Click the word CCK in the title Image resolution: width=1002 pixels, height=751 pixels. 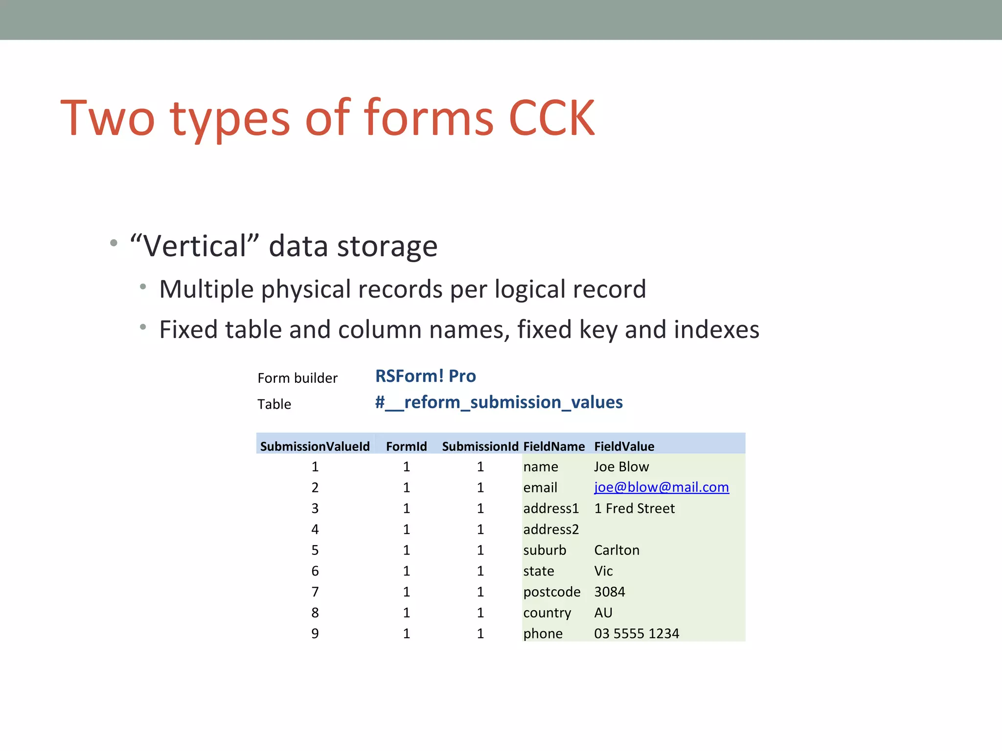[x=551, y=118]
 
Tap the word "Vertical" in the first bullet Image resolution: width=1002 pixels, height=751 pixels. [x=194, y=246]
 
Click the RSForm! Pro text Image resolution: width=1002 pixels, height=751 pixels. [x=425, y=376]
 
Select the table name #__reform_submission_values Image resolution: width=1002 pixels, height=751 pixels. [x=499, y=402]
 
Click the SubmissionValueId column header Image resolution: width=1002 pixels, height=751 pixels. [x=315, y=446]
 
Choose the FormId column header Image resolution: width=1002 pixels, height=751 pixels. [x=406, y=446]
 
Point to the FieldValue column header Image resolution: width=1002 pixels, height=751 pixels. [x=624, y=446]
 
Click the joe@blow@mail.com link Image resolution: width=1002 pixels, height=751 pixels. [x=661, y=487]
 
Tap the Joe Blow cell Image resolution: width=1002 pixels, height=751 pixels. [x=621, y=467]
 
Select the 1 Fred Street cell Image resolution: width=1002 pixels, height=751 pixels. [x=634, y=508]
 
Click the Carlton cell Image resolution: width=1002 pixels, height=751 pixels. [x=616, y=551]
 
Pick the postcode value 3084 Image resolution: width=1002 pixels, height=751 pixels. [x=609, y=592]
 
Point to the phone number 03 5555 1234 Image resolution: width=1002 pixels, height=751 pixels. [x=636, y=634]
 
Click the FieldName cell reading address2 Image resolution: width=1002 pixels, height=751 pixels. [x=551, y=530]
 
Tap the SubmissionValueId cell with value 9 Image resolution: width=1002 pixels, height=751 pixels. [x=315, y=634]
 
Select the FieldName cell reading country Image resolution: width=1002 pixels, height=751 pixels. [x=547, y=613]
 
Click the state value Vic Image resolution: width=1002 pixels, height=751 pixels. [x=603, y=571]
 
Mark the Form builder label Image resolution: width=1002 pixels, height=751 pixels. [x=297, y=378]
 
